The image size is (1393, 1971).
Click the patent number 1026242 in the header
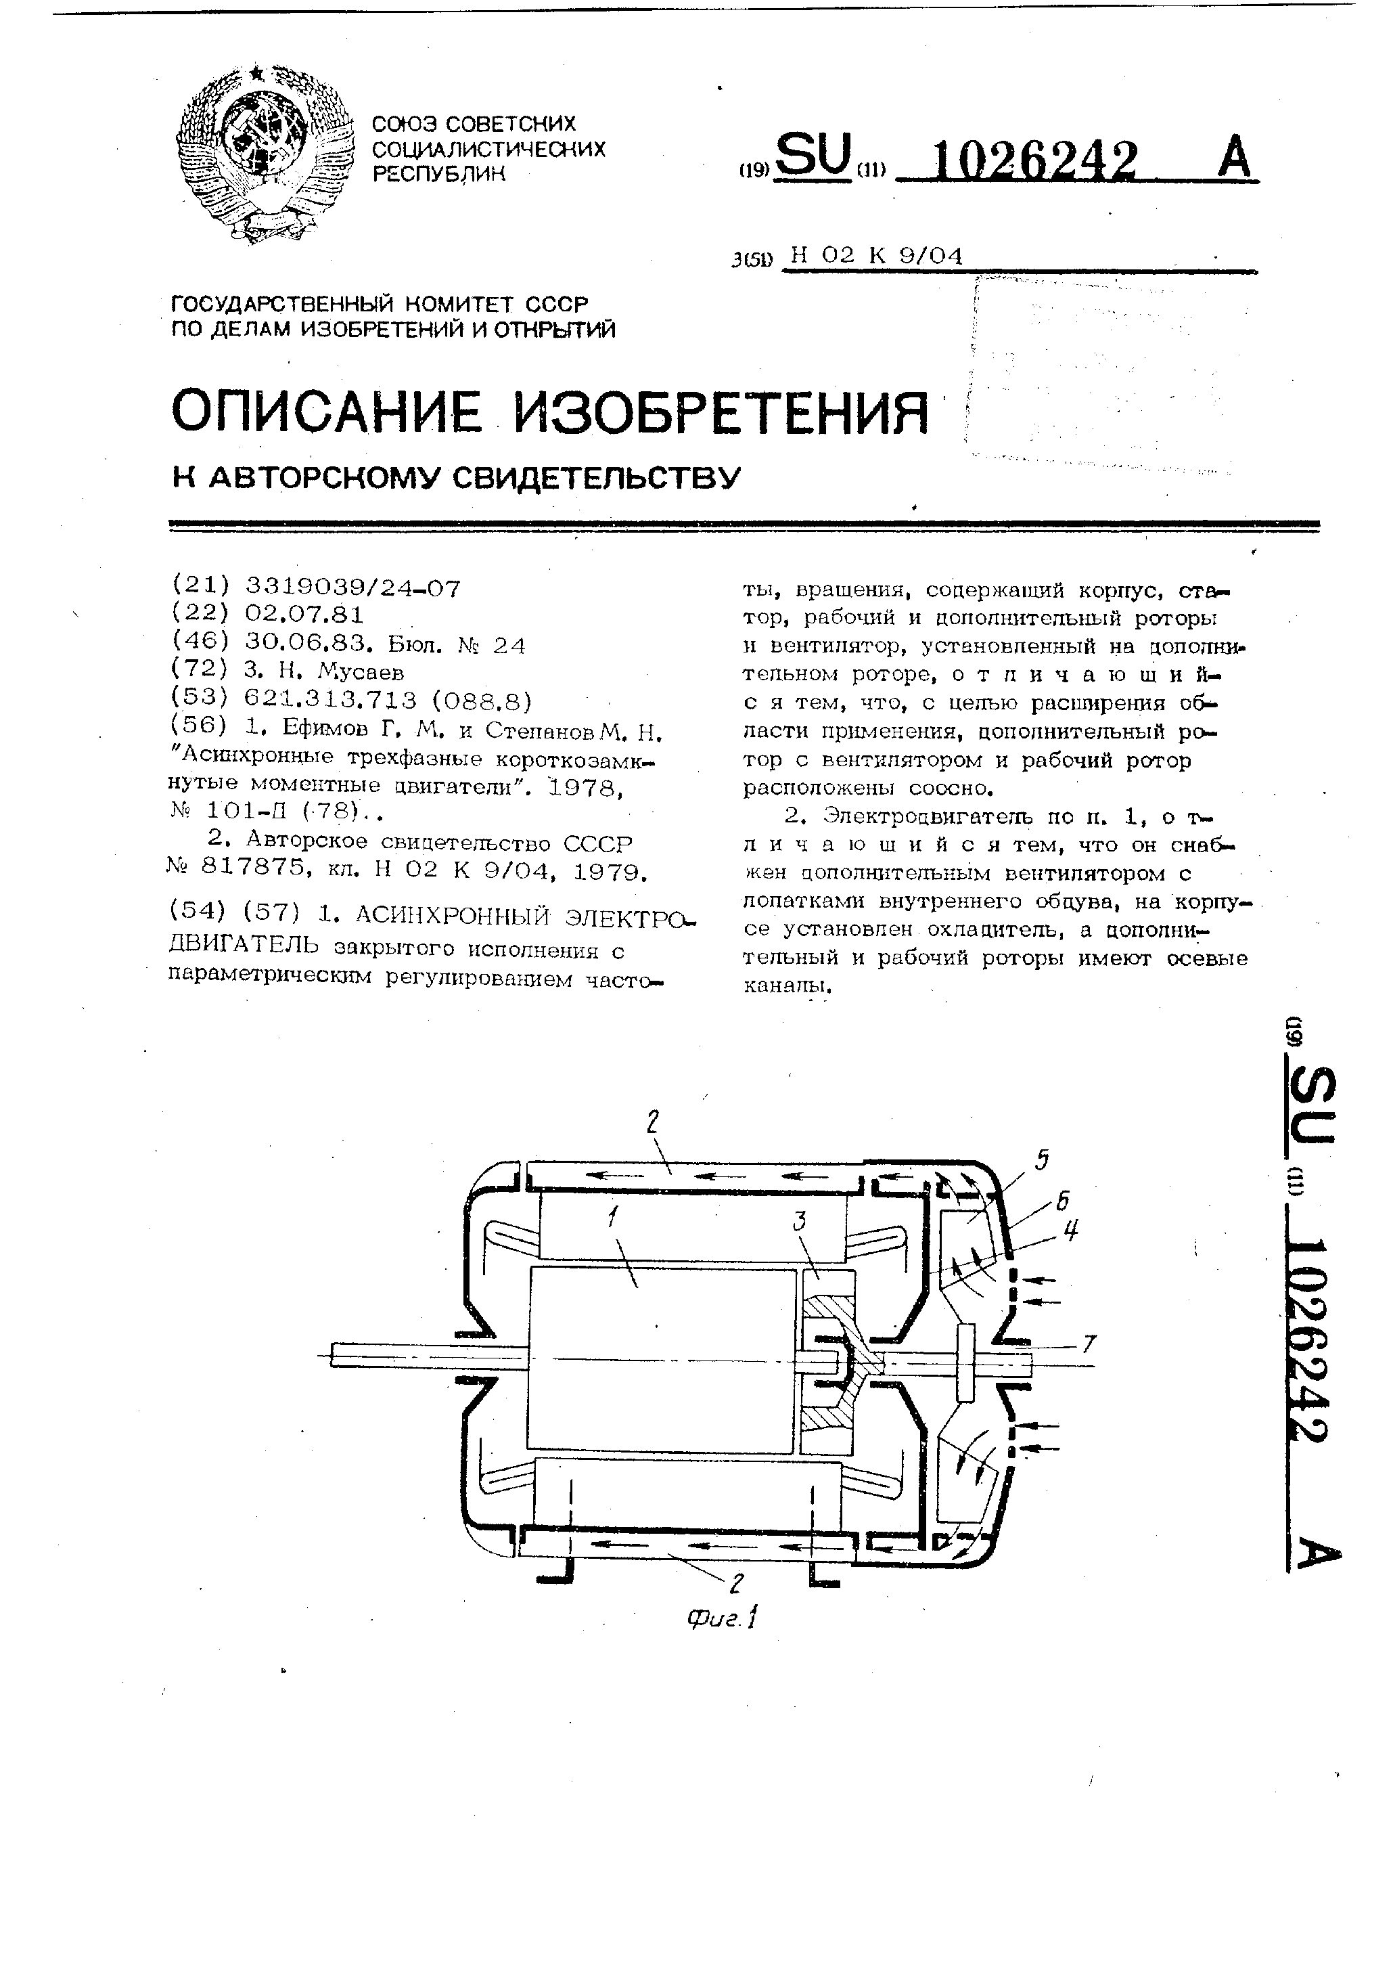(1034, 160)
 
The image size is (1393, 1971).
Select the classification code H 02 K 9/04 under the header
(876, 256)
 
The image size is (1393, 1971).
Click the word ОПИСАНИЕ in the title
(325, 412)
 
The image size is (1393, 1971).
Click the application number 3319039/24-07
(352, 588)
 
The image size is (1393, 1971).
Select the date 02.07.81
(304, 615)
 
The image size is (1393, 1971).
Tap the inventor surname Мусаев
(360, 671)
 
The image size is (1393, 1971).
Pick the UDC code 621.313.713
(330, 701)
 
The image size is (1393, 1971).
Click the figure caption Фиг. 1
(721, 1618)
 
